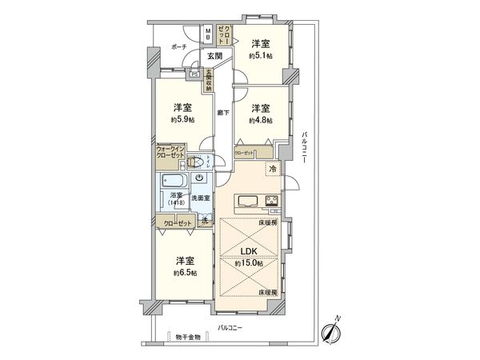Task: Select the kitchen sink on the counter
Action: [246, 200]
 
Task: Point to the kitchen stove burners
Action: [270, 200]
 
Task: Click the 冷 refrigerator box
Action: [273, 169]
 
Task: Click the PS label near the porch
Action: [194, 74]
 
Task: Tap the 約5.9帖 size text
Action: [182, 121]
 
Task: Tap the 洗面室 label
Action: [200, 198]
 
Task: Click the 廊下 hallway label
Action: [223, 113]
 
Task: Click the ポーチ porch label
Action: [179, 47]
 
